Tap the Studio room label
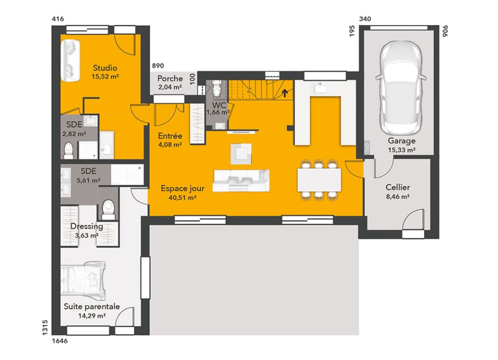pyautogui.click(x=105, y=68)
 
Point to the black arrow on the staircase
pyautogui.click(x=284, y=93)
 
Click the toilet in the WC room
pyautogui.click(x=217, y=89)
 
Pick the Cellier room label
pyautogui.click(x=398, y=187)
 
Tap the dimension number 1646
pyautogui.click(x=60, y=341)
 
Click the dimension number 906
pyautogui.click(x=445, y=31)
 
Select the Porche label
pyautogui.click(x=170, y=78)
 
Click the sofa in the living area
pyautogui.click(x=242, y=180)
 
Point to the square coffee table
pyautogui.click(x=241, y=152)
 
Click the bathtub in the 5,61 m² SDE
pyautogui.click(x=127, y=174)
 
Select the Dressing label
pyautogui.click(x=87, y=226)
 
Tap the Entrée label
pyautogui.click(x=170, y=136)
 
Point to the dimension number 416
pyautogui.click(x=58, y=19)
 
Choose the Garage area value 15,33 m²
pyautogui.click(x=402, y=150)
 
